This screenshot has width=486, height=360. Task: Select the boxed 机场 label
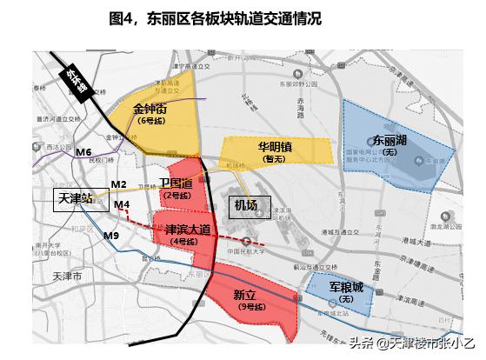coord(246,205)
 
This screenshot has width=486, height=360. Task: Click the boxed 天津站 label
coord(75,198)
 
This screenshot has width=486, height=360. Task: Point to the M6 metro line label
coord(83,153)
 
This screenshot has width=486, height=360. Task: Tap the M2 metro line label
coord(119,184)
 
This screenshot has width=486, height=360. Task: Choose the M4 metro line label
coord(122,204)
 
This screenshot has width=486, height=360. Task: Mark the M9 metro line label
coord(110,236)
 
